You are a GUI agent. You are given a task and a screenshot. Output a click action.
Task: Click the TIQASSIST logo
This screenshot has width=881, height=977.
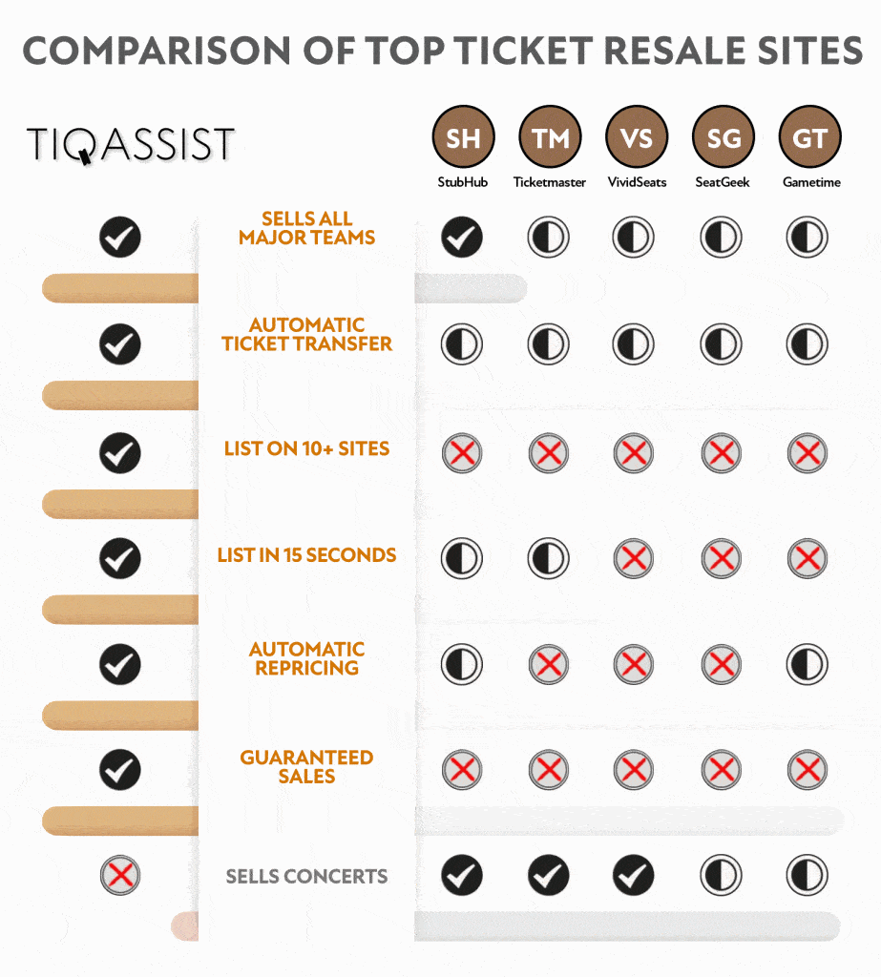click(x=131, y=145)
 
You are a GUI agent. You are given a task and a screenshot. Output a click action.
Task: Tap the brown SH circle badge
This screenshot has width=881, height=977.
click(x=463, y=137)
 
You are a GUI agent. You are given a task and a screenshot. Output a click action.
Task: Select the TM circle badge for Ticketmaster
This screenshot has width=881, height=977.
click(x=550, y=137)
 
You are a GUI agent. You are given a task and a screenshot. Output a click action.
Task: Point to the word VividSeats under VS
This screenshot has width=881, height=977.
click(x=638, y=182)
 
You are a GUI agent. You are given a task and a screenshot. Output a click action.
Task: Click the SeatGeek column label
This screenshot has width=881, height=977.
click(x=723, y=182)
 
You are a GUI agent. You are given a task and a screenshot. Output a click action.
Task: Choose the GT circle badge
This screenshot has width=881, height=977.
click(x=810, y=137)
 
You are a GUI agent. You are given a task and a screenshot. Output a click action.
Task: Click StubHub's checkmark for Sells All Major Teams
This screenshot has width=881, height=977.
click(x=462, y=237)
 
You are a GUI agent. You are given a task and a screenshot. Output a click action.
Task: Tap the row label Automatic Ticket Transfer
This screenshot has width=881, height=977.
click(x=306, y=334)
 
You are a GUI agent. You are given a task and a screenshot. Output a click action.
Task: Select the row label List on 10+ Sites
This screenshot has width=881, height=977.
click(x=306, y=448)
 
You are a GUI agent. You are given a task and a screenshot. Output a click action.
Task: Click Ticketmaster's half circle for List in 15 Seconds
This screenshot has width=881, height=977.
click(x=549, y=557)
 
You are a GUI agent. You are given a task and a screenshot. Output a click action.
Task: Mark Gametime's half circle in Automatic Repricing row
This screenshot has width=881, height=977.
click(x=808, y=664)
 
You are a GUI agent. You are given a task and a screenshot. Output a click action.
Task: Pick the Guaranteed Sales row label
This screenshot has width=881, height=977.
click(x=306, y=766)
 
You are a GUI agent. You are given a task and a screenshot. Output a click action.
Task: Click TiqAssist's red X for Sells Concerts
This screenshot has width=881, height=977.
click(x=120, y=875)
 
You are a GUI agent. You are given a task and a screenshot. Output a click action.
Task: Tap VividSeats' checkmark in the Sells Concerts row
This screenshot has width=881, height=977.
click(x=634, y=875)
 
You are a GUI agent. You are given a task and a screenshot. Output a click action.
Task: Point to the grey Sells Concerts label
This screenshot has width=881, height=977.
click(x=306, y=876)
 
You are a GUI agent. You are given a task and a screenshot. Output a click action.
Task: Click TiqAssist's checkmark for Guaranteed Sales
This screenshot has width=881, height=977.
click(x=120, y=770)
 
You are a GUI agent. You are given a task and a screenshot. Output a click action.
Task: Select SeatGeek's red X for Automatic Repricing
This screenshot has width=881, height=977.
click(x=722, y=664)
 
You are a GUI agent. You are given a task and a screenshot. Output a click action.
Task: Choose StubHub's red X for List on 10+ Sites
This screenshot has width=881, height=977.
click(x=462, y=453)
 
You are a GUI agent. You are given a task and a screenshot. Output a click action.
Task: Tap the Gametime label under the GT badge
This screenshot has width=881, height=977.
click(x=811, y=182)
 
